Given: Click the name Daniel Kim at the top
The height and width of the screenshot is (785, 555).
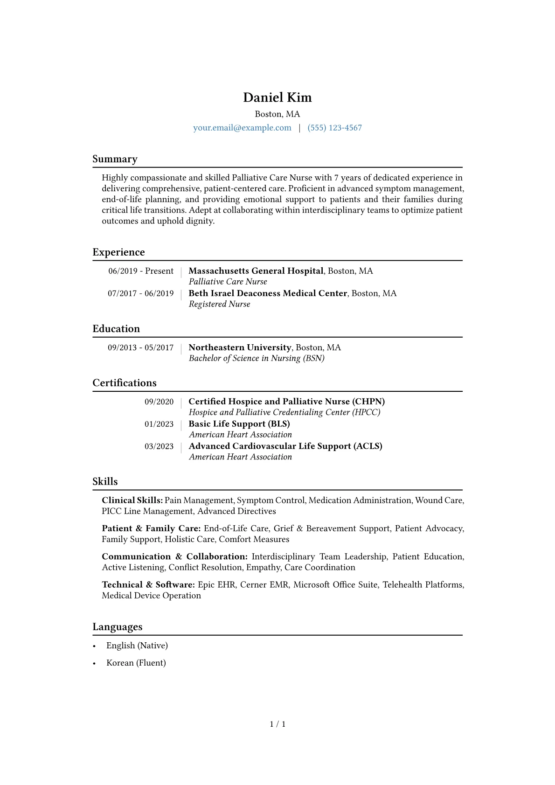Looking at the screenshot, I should pyautogui.click(x=277, y=97).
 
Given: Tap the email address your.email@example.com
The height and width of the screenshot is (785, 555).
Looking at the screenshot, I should pyautogui.click(x=242, y=128).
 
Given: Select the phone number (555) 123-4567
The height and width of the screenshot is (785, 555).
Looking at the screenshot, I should pyautogui.click(x=334, y=128).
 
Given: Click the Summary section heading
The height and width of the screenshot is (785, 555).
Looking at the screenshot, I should pyautogui.click(x=115, y=159).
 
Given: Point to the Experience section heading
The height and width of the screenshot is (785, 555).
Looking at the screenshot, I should pyautogui.click(x=118, y=252).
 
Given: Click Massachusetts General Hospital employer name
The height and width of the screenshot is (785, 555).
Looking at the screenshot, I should pyautogui.click(x=256, y=271).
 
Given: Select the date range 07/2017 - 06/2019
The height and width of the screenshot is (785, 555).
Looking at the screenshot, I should pyautogui.click(x=140, y=293).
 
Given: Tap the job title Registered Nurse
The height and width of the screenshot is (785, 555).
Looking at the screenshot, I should pyautogui.click(x=219, y=304).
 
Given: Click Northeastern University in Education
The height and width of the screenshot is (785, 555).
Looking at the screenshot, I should pyautogui.click(x=240, y=347).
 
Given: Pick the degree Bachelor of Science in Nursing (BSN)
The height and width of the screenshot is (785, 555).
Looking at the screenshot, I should pyautogui.click(x=257, y=358).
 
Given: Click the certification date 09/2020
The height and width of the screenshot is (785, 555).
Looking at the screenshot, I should pyautogui.click(x=159, y=402).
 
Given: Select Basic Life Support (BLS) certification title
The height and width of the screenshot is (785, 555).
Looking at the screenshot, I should pyautogui.click(x=239, y=424).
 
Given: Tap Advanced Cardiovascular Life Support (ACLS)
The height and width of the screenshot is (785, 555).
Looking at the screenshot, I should pyautogui.click(x=285, y=446).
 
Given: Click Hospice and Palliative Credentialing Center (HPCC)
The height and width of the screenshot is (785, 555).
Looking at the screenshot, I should pyautogui.click(x=284, y=412).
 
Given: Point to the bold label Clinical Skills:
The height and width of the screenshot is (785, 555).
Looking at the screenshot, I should pyautogui.click(x=132, y=500).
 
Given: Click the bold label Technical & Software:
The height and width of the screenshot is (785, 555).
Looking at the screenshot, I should pyautogui.click(x=148, y=585).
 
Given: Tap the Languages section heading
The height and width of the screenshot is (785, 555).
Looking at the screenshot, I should pyautogui.click(x=117, y=627).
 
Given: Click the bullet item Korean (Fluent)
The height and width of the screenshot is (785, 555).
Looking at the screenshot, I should pyautogui.click(x=136, y=663).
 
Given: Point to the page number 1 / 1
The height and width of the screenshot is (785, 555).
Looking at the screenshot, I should pyautogui.click(x=277, y=724).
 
